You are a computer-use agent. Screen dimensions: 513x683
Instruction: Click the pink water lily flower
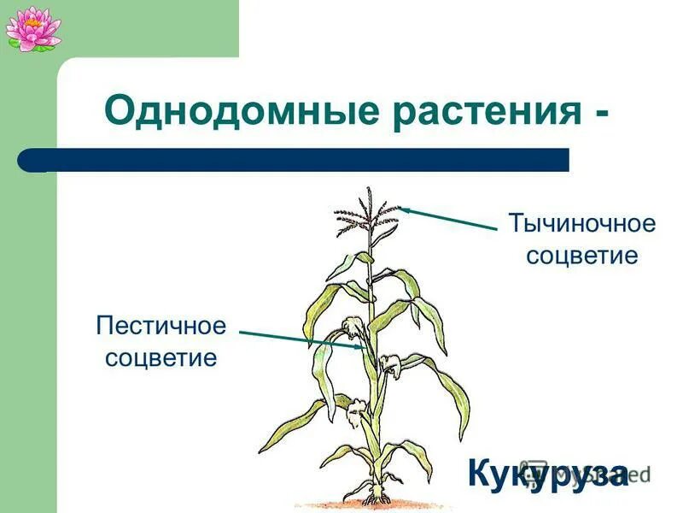point(32,27)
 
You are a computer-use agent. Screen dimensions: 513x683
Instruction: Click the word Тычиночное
point(582,225)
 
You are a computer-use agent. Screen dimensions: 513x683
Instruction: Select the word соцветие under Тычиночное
point(582,255)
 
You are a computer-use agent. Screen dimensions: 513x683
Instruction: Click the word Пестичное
point(161,326)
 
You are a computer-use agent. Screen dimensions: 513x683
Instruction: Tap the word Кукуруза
point(547,472)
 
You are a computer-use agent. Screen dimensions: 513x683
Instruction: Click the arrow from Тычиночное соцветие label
point(448,218)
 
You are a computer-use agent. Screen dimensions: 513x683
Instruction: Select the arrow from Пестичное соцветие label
point(299,339)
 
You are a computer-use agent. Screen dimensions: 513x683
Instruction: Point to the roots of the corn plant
point(373,496)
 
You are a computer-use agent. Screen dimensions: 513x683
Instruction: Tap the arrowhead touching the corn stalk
point(358,346)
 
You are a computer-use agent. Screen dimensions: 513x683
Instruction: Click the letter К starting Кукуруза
point(480,472)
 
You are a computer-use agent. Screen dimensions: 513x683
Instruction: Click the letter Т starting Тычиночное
point(517,225)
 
